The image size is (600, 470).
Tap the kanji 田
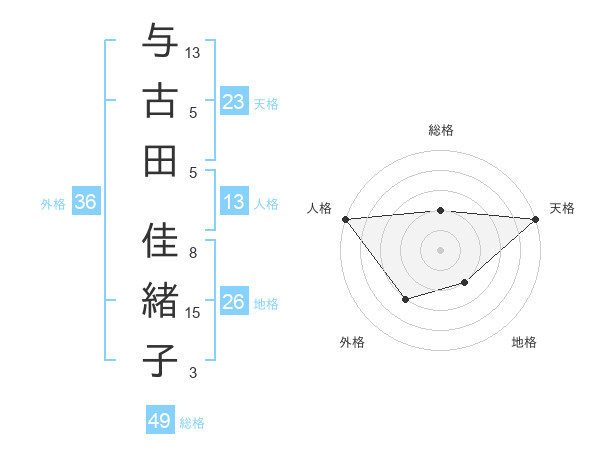(x=159, y=160)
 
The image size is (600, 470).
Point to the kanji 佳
(x=159, y=241)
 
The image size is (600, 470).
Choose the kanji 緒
(x=159, y=300)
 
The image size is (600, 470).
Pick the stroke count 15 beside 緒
(x=194, y=313)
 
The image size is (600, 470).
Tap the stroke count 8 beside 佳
(x=194, y=253)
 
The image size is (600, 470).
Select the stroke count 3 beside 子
(x=194, y=373)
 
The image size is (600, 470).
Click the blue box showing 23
(x=233, y=102)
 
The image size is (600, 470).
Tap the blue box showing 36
(x=86, y=203)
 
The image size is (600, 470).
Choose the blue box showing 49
(x=160, y=421)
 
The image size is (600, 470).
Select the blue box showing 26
(x=233, y=303)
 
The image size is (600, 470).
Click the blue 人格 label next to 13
(x=266, y=204)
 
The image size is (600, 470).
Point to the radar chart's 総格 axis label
(x=440, y=130)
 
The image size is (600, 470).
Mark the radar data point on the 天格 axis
(x=536, y=218)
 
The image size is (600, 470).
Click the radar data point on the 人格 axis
(x=345, y=218)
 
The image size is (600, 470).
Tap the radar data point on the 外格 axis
(x=405, y=299)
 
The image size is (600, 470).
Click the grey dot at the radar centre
(x=440, y=249)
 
